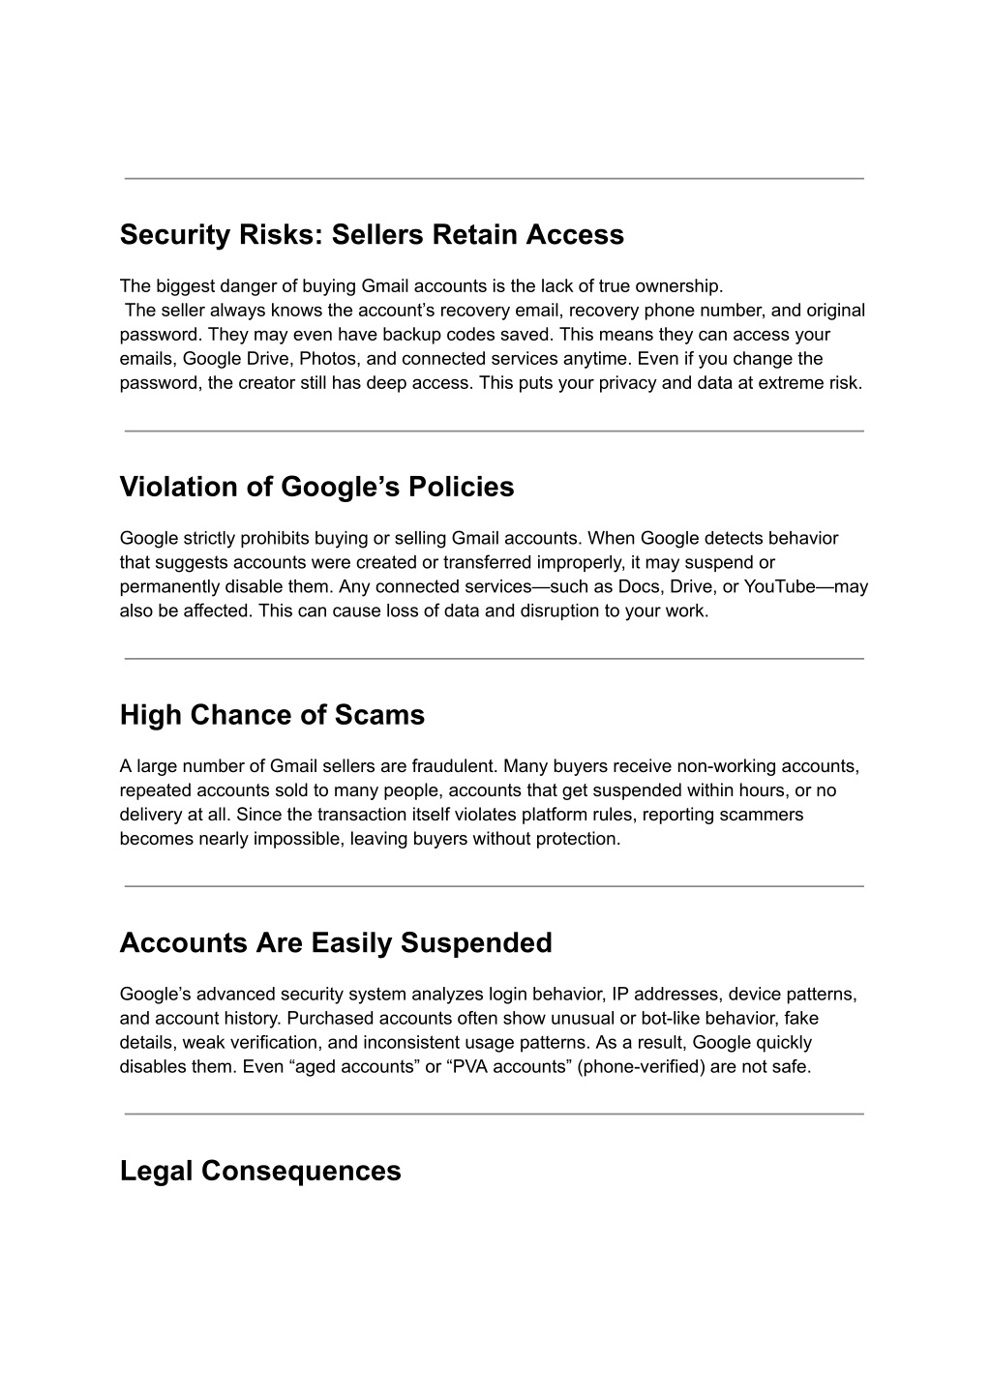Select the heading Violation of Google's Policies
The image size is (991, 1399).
coord(316,487)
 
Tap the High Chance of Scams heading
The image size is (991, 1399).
coord(272,715)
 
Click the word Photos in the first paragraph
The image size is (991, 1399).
coord(323,359)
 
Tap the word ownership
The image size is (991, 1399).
coord(681,286)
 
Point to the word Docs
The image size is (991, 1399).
coord(647,586)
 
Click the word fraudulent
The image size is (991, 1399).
coord(452,766)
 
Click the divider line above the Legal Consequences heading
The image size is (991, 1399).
coord(494,1114)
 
